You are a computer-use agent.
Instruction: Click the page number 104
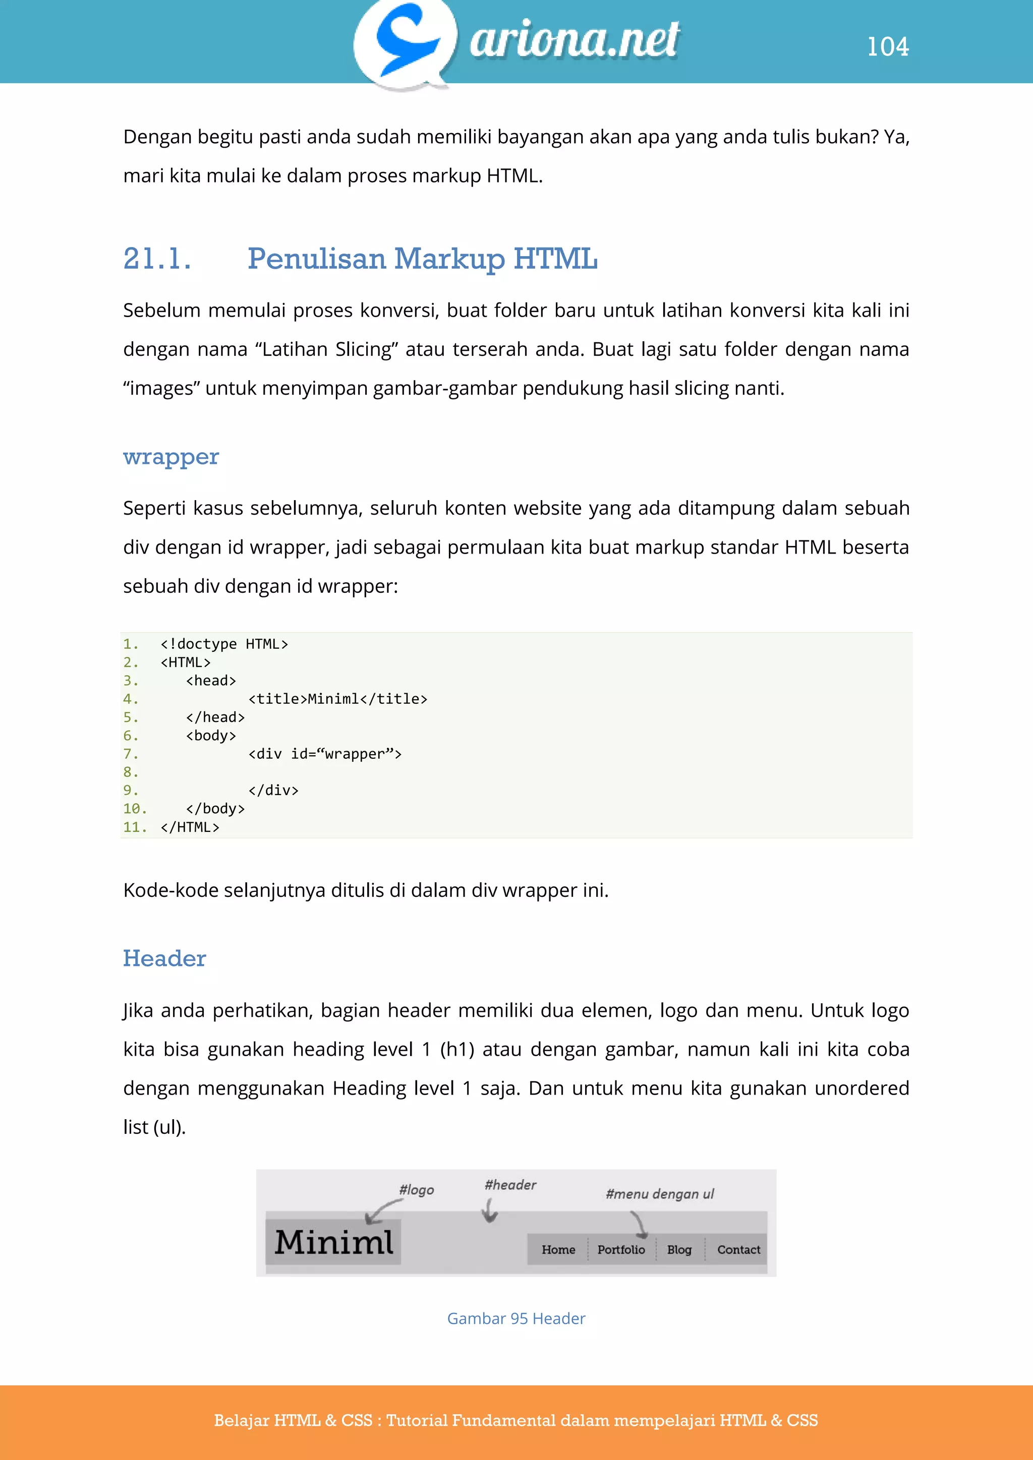click(888, 46)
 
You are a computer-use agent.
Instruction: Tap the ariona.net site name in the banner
click(575, 39)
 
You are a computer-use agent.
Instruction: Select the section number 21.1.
click(157, 259)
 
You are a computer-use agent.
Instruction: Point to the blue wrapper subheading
click(170, 457)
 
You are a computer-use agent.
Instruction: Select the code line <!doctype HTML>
click(224, 644)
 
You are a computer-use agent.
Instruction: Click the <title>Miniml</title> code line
click(337, 699)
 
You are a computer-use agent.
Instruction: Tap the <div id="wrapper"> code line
click(324, 754)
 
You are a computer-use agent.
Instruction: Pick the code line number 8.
click(131, 772)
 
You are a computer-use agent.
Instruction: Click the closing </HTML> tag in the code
click(190, 827)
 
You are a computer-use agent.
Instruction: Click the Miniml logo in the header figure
click(334, 1242)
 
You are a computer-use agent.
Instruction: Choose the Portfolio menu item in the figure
click(621, 1250)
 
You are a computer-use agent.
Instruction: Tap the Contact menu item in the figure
click(738, 1250)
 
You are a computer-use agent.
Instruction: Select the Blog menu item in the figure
click(679, 1250)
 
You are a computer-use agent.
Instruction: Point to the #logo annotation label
click(416, 1190)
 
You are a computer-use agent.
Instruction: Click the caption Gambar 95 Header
click(516, 1318)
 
